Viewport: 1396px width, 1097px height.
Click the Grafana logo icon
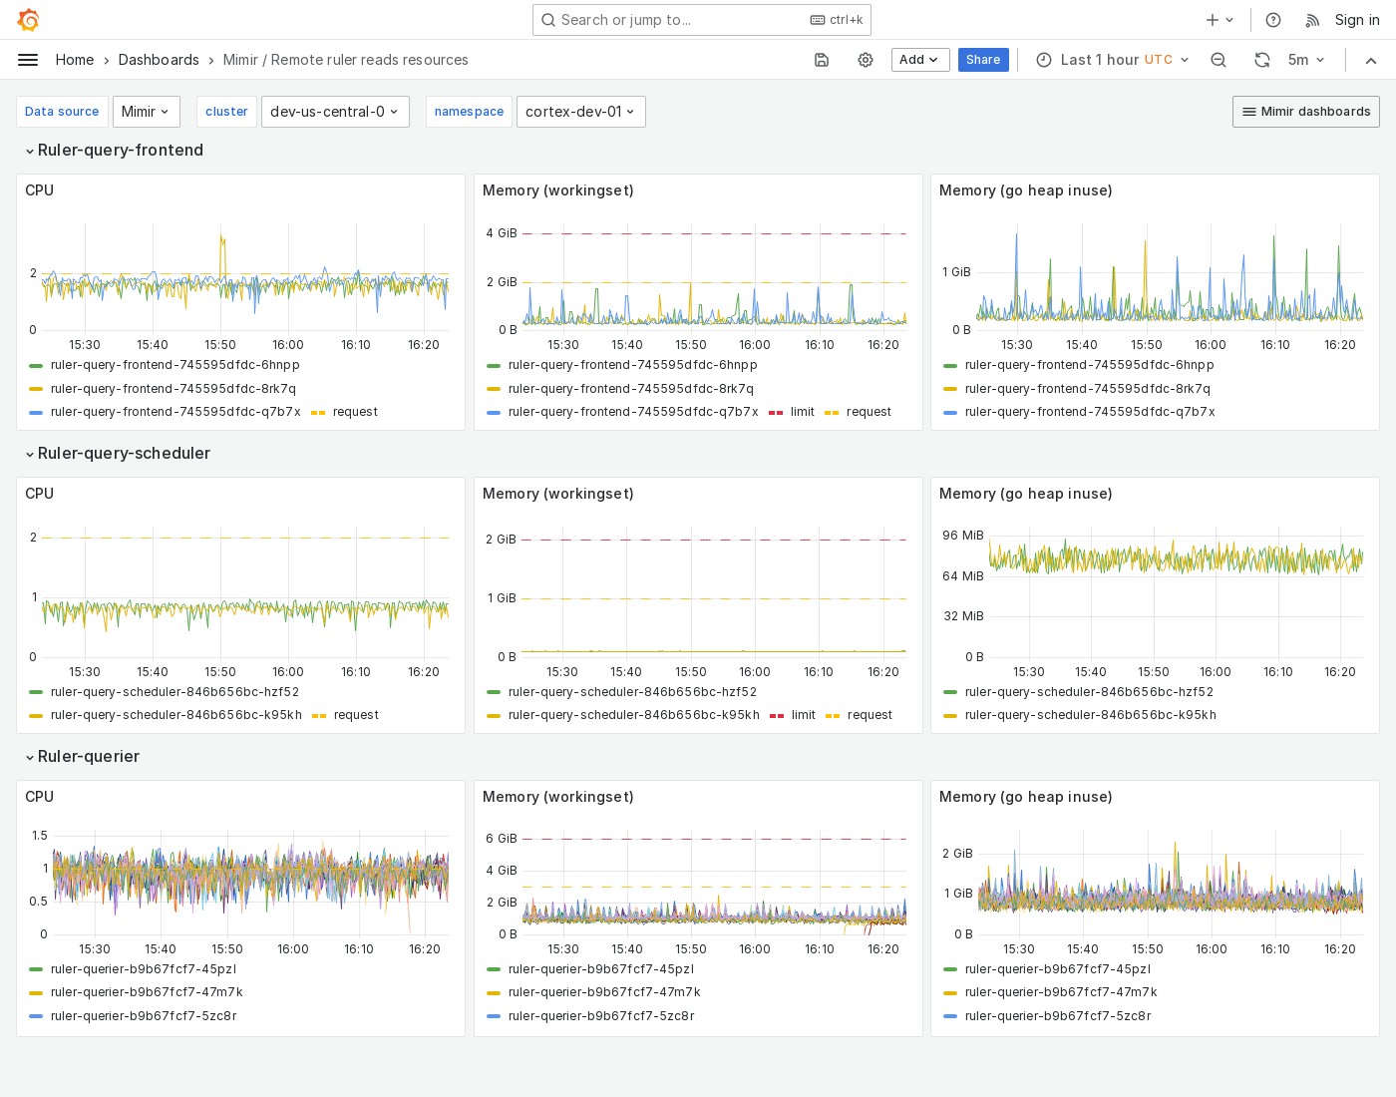pyautogui.click(x=29, y=20)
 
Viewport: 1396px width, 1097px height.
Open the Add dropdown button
pyautogui.click(x=919, y=60)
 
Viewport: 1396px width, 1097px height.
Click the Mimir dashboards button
pyautogui.click(x=1305, y=112)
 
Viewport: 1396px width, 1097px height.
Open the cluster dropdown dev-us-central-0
pyautogui.click(x=334, y=112)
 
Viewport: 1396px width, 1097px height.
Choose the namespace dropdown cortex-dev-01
pyautogui.click(x=580, y=112)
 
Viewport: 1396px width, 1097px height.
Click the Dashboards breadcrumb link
pyautogui.click(x=159, y=60)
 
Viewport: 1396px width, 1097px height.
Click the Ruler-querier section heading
pyautogui.click(x=89, y=756)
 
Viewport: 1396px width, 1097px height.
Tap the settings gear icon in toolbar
pyautogui.click(x=866, y=60)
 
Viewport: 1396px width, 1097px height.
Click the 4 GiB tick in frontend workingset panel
pyautogui.click(x=502, y=233)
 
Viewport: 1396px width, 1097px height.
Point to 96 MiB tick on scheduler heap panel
pyautogui.click(x=962, y=536)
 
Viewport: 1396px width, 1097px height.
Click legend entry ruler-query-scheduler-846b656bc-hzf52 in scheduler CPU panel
pyautogui.click(x=174, y=692)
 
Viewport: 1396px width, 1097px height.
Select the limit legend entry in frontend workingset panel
pyautogui.click(x=802, y=412)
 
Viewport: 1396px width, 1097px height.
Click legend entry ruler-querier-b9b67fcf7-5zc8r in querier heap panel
pyautogui.click(x=1057, y=1016)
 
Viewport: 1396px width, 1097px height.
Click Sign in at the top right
pyautogui.click(x=1356, y=20)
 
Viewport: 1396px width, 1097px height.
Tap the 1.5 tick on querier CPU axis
pyautogui.click(x=40, y=836)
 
